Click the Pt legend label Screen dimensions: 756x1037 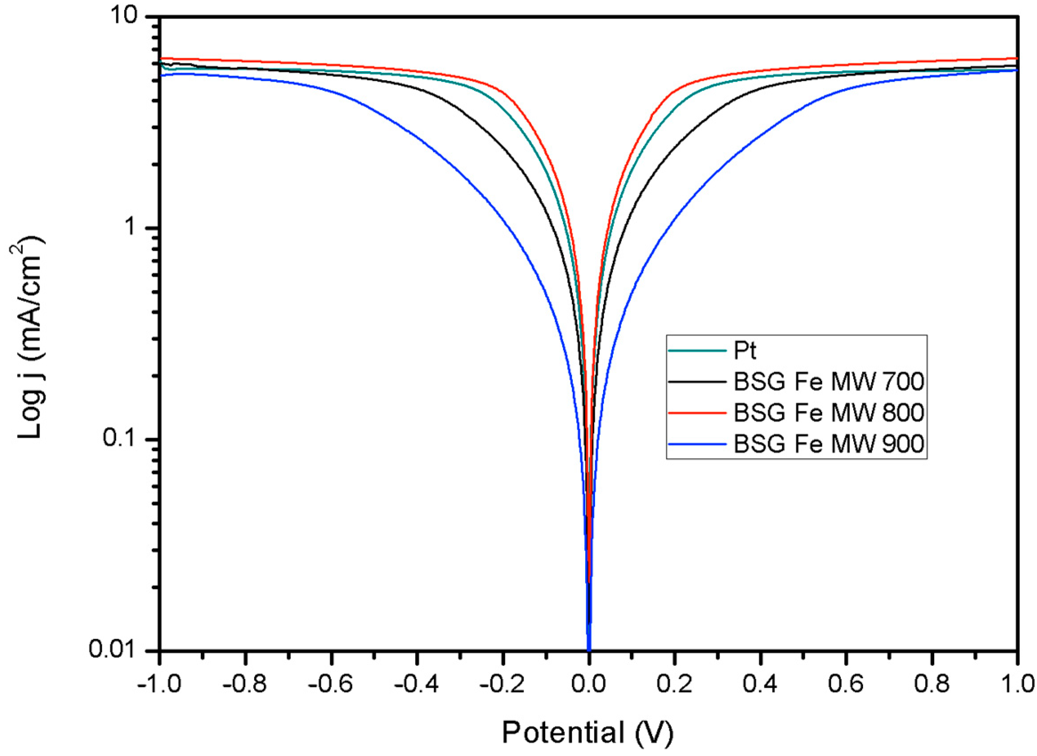pos(745,351)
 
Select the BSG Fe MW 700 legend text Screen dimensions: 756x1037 pos(829,382)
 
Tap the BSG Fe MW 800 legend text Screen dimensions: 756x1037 pos(829,412)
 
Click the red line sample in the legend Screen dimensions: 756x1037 pos(697,412)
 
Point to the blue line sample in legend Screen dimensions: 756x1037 pos(697,443)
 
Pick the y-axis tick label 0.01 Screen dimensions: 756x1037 pos(120,650)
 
